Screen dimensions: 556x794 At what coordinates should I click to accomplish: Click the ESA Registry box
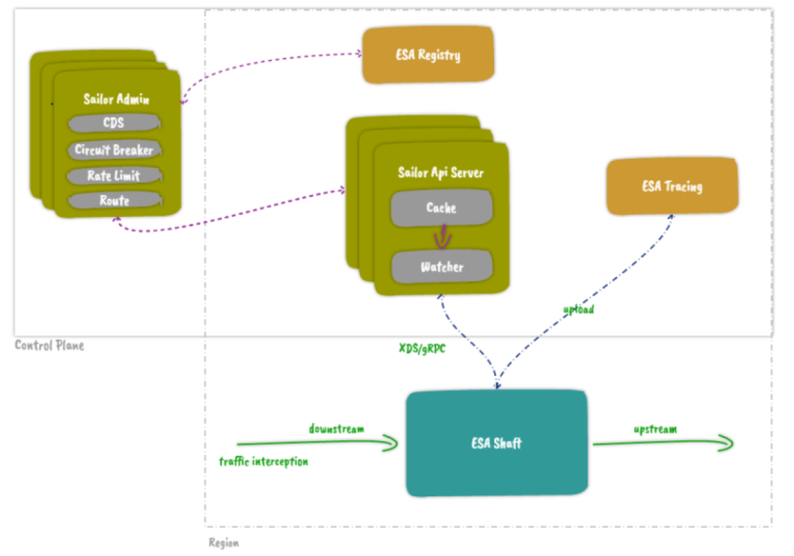428,55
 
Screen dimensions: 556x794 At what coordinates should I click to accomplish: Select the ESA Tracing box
671,186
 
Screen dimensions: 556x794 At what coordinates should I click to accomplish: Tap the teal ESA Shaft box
497,443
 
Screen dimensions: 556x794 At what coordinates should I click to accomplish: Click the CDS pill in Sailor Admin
114,124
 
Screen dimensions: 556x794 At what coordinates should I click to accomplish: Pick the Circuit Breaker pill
114,150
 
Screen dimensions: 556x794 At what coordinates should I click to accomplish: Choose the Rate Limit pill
114,176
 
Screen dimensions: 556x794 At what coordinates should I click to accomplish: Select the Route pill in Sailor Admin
114,200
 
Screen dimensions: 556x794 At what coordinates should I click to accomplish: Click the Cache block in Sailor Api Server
441,208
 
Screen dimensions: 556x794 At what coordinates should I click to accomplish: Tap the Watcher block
441,267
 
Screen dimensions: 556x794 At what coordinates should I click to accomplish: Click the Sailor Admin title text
116,99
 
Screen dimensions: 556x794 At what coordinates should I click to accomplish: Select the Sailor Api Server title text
441,173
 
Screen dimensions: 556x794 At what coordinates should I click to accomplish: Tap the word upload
579,310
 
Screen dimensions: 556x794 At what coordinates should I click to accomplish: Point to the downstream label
336,429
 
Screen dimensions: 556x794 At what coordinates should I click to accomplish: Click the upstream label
655,429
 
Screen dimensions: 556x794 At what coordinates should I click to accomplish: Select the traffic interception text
263,462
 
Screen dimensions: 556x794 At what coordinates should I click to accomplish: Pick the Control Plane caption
49,345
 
